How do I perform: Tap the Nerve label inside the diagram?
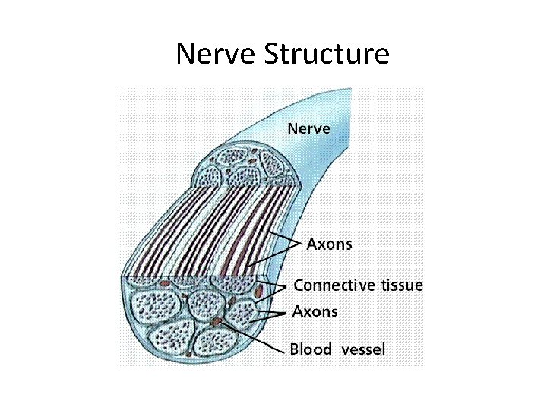tap(308, 128)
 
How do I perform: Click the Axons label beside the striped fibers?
tap(329, 244)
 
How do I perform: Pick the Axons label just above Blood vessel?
tap(315, 311)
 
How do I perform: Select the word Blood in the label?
tap(311, 349)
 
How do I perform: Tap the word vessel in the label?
tap(363, 349)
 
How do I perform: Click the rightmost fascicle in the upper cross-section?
tap(271, 165)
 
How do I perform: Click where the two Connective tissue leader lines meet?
tap(285, 287)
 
